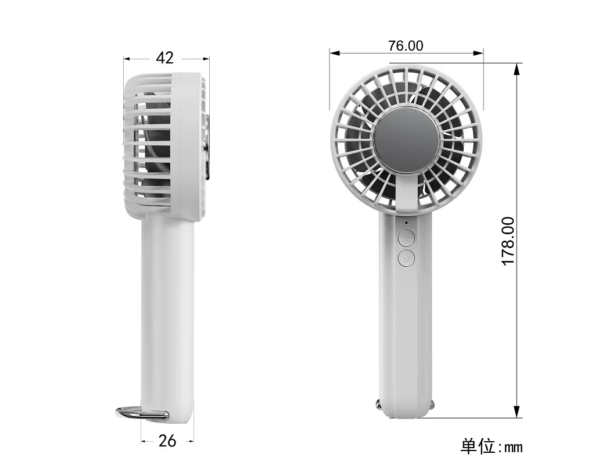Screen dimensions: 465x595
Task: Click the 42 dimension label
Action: click(x=165, y=58)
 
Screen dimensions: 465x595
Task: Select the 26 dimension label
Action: click(x=167, y=441)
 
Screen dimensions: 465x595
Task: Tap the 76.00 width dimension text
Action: click(x=406, y=45)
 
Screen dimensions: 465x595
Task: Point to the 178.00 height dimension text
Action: click(x=508, y=241)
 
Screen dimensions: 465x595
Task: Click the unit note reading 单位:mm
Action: click(x=492, y=446)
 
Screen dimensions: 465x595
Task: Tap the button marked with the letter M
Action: click(x=406, y=258)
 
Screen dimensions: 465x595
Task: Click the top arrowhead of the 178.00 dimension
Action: click(x=517, y=68)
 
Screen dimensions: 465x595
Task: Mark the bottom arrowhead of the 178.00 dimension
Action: click(x=517, y=412)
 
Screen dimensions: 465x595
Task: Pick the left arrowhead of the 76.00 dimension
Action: click(x=334, y=53)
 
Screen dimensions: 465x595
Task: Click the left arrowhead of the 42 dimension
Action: click(x=127, y=59)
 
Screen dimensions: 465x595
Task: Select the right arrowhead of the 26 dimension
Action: click(x=190, y=441)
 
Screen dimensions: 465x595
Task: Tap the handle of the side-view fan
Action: click(x=167, y=308)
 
